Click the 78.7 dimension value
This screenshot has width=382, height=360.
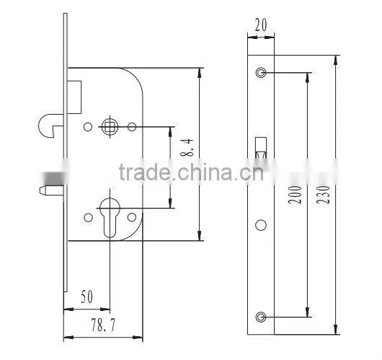pyautogui.click(x=103, y=325)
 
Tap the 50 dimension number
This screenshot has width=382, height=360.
pyautogui.click(x=87, y=297)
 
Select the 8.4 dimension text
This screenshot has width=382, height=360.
pyautogui.click(x=187, y=148)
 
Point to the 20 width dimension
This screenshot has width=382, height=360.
pyautogui.click(x=261, y=25)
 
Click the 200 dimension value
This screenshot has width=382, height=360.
pyautogui.click(x=295, y=194)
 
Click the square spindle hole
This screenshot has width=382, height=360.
pyautogui.click(x=110, y=126)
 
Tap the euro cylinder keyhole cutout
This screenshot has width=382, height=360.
pyautogui.click(x=110, y=218)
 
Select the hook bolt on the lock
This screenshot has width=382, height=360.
pyautogui.click(x=51, y=125)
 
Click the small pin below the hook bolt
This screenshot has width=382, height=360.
pyautogui.click(x=52, y=190)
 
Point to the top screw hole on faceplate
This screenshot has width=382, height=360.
pyautogui.click(x=261, y=73)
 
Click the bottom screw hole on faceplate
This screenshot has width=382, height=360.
pyautogui.click(x=261, y=317)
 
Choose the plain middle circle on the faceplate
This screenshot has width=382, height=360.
pyautogui.click(x=261, y=225)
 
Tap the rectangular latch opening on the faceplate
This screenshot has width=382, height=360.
pyautogui.click(x=261, y=149)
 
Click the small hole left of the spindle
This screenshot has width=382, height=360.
pyautogui.click(x=88, y=127)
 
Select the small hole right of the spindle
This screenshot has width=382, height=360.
pyautogui.click(x=132, y=127)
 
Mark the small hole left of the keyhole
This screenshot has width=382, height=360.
pyautogui.click(x=88, y=217)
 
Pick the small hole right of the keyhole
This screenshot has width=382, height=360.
pyautogui.click(x=132, y=217)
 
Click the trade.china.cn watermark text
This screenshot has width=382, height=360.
pyautogui.click(x=192, y=172)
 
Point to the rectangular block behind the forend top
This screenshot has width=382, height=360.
pyautogui.click(x=74, y=97)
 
